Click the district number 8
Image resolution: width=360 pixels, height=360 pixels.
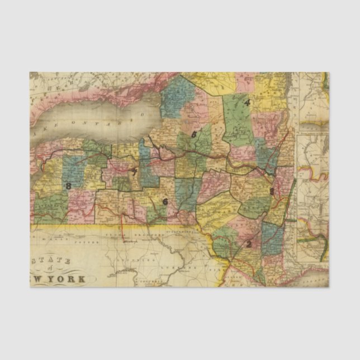[68, 186]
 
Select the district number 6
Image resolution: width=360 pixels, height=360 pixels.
[164, 202]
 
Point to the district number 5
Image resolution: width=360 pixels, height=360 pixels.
[194, 134]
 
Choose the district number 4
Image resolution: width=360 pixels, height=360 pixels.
[246, 102]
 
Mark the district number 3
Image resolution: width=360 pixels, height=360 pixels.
[272, 191]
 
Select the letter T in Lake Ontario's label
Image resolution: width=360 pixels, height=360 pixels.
[104, 122]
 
